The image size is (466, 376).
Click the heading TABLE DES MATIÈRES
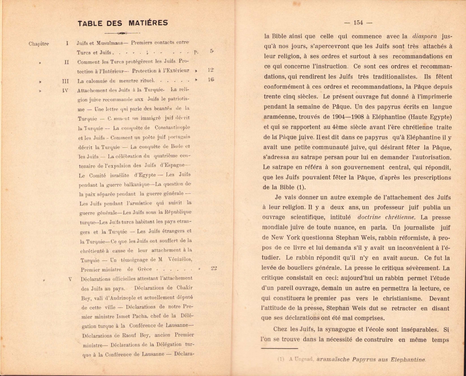click(x=123, y=23)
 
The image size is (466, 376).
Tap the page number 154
click(x=358, y=22)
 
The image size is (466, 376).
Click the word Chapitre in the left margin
click(x=39, y=44)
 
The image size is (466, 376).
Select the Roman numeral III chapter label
click(x=65, y=81)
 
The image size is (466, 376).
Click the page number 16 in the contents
click(x=211, y=80)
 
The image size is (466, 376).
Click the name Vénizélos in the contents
click(x=180, y=259)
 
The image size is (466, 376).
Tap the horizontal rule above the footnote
click(x=280, y=348)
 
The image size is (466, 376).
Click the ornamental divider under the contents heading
click(x=123, y=33)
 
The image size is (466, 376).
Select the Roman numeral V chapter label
click(x=70, y=279)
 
